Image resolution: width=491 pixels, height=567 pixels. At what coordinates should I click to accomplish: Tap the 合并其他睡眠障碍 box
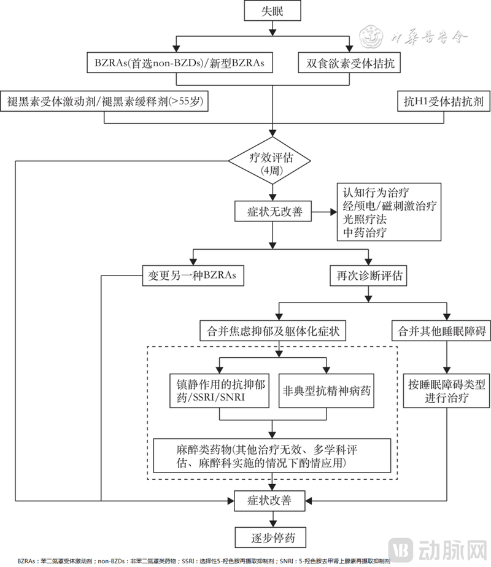[441, 331]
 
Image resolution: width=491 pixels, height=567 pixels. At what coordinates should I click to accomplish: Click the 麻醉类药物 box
[273, 455]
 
